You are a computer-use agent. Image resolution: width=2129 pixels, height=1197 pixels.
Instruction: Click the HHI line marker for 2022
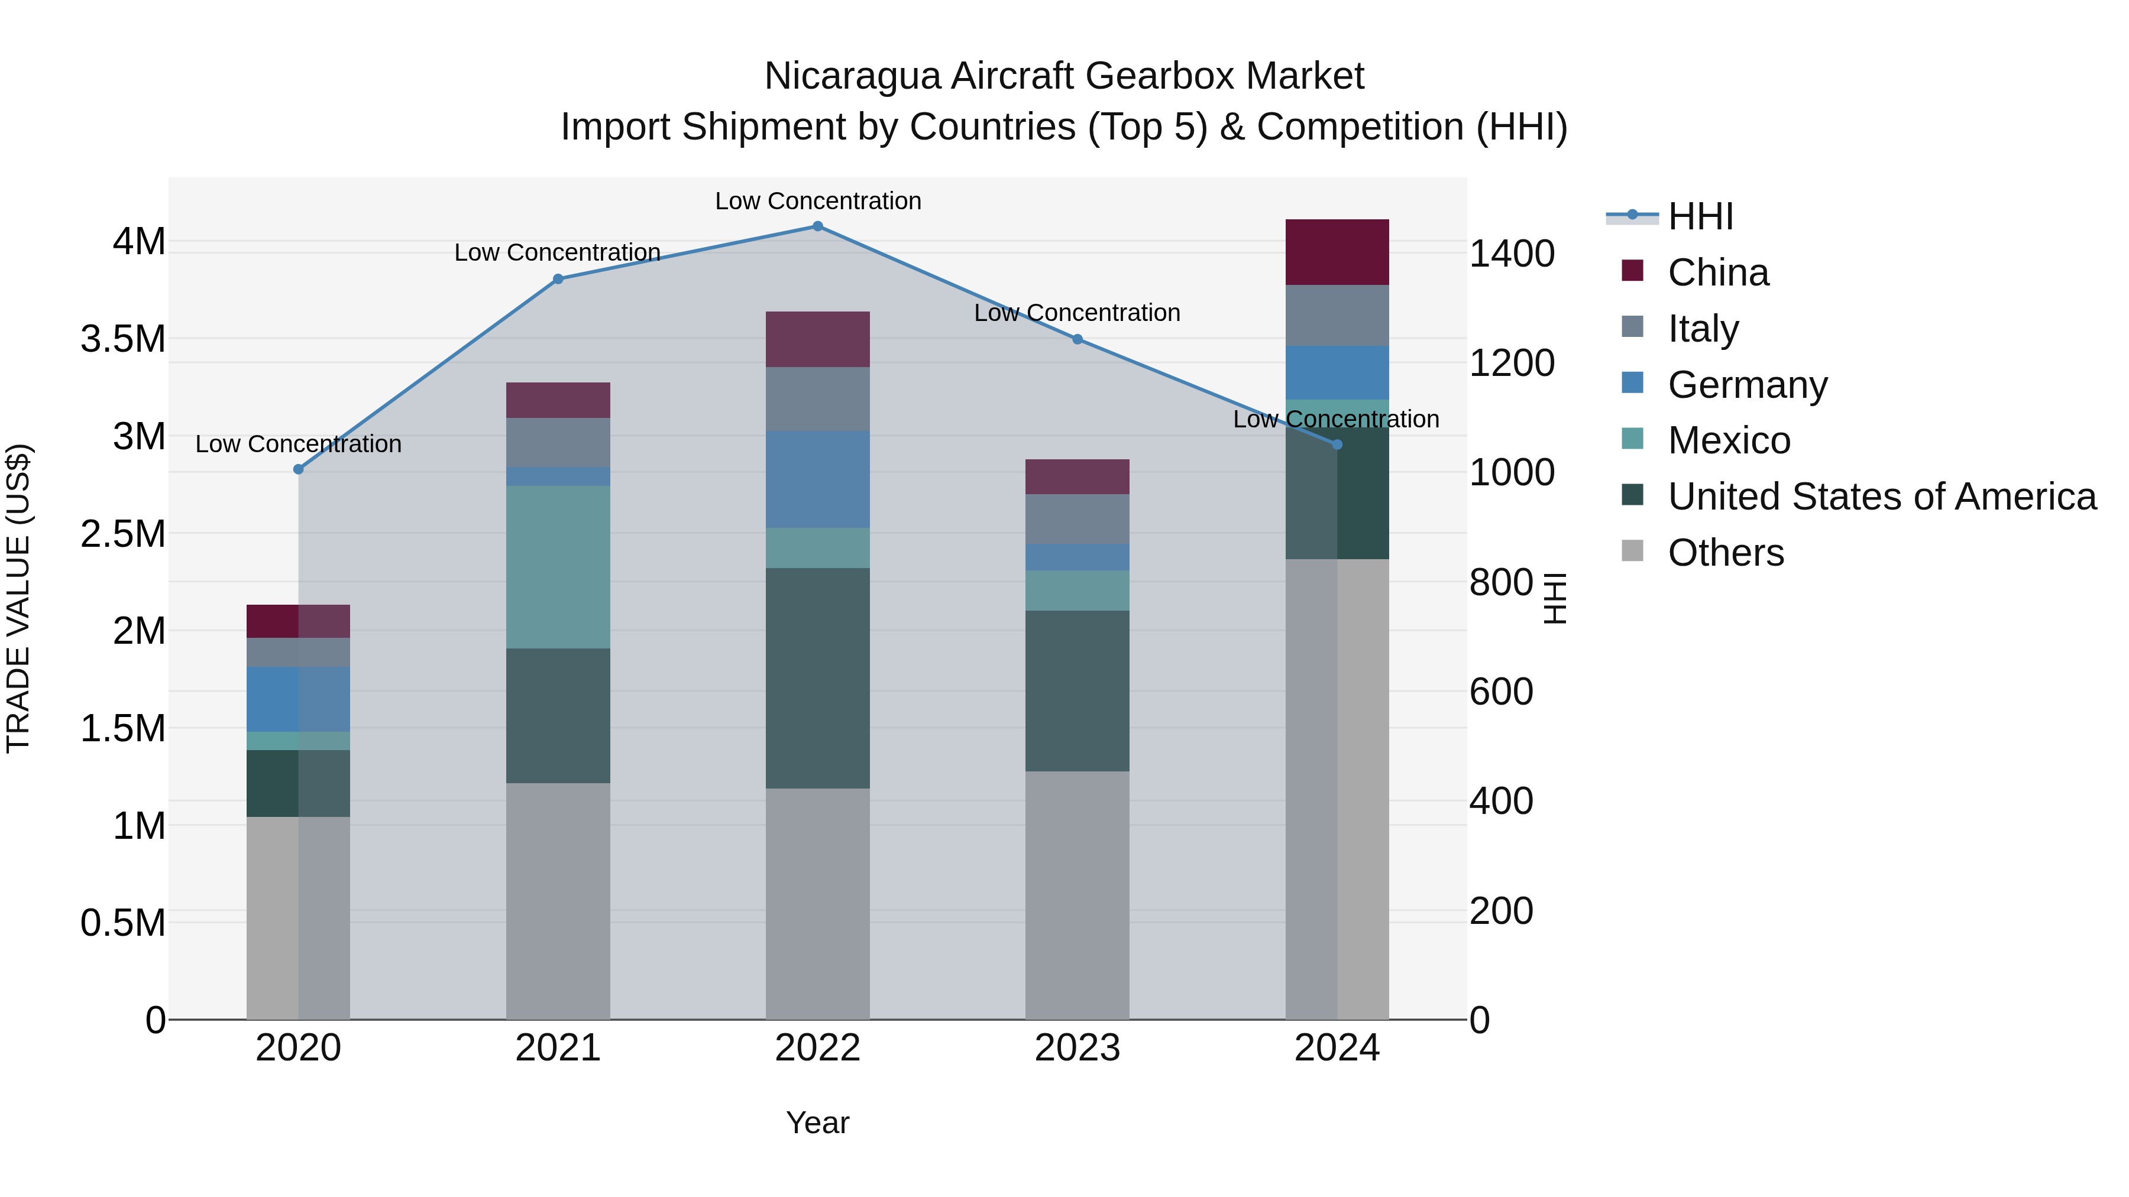[817, 226]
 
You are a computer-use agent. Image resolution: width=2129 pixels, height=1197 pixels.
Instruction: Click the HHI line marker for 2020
[299, 469]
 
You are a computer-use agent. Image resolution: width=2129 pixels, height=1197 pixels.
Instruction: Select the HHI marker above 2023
[1077, 339]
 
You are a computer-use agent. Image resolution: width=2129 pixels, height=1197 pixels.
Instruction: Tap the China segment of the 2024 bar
[1337, 252]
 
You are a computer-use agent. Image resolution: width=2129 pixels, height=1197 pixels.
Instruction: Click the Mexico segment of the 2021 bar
[558, 567]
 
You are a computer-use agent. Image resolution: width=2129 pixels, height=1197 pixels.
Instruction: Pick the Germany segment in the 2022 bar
[817, 479]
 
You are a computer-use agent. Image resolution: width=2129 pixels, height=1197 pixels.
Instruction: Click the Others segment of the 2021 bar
[558, 900]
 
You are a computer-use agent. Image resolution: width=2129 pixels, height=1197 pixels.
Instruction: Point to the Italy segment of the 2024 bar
[1337, 316]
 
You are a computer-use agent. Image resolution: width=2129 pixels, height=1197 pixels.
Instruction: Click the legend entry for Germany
[1747, 385]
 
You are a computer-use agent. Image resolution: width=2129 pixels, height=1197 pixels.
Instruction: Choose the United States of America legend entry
[1882, 497]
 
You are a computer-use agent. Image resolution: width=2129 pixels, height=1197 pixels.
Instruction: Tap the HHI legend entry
[1700, 216]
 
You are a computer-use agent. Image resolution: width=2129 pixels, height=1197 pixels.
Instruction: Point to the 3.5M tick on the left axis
[122, 339]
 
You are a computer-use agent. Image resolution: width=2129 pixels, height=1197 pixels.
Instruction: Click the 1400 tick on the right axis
[1512, 254]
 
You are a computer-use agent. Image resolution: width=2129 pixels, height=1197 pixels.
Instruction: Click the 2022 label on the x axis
[817, 1048]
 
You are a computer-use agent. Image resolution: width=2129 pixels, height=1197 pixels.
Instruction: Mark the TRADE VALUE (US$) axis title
[18, 598]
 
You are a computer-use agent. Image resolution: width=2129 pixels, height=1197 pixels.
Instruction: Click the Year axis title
[817, 1123]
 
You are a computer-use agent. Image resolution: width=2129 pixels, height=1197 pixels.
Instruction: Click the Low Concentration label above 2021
[557, 253]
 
